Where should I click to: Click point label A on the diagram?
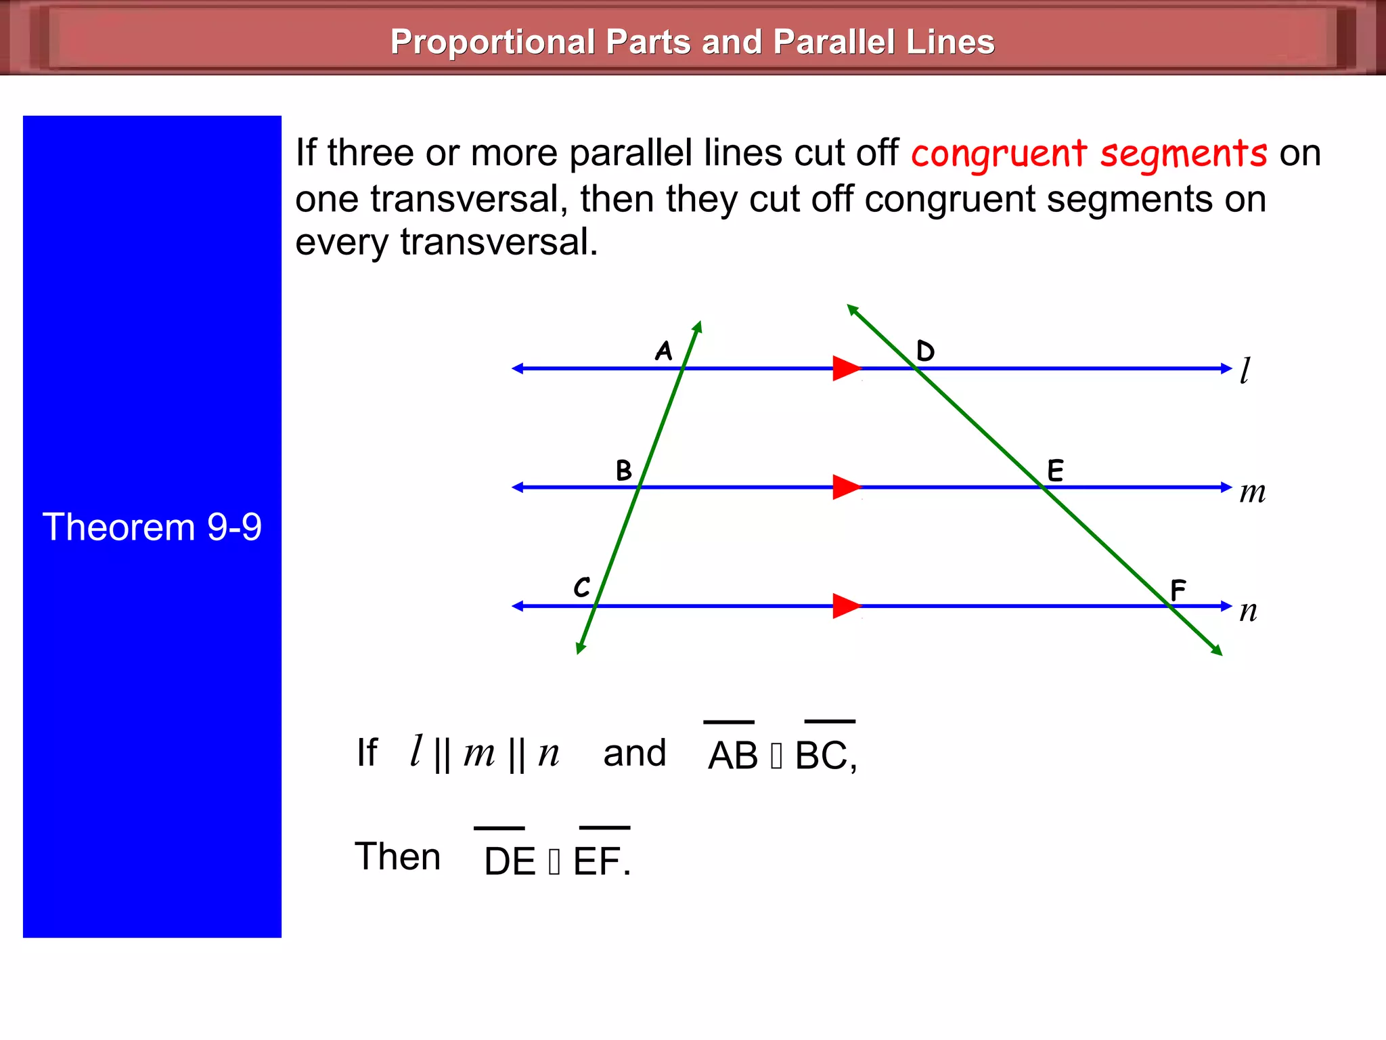[663, 351]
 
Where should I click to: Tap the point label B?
[623, 470]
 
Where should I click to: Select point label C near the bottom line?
[582, 587]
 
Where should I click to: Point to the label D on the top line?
[925, 351]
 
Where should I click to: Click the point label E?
[1055, 470]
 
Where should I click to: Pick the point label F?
[1178, 590]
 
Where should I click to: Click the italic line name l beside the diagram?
[1245, 370]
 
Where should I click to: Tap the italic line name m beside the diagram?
[1252, 492]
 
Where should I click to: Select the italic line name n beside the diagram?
[1249, 611]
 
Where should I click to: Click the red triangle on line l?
[845, 368]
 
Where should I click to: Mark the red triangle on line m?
[845, 487]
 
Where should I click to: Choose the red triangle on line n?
[845, 606]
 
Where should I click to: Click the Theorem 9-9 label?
[152, 527]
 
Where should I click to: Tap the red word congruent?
[999, 154]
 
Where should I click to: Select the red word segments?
[1183, 154]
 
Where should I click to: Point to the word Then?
[398, 857]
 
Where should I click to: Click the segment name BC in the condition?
[821, 755]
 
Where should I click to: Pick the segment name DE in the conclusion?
[510, 861]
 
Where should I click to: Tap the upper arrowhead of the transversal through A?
[698, 326]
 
